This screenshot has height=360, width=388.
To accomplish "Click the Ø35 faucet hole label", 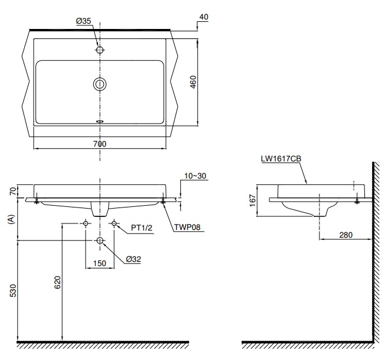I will pos(83,21).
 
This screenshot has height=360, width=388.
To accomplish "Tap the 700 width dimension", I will pos(99,144).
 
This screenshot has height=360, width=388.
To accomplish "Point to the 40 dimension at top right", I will pos(203,18).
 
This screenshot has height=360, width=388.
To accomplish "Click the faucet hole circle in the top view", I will pos(100,50).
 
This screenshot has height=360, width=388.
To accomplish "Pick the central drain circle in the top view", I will pos(100,84).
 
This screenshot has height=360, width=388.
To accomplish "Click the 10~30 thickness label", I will pos(195,176).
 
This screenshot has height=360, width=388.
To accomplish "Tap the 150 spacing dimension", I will pos(99,264).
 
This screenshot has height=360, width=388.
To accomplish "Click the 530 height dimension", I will pos(13,291).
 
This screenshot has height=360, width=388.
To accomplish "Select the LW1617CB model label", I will pos(281,158).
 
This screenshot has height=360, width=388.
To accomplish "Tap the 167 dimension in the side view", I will pos(253,201).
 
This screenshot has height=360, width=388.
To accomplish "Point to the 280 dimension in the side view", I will pos(345,235).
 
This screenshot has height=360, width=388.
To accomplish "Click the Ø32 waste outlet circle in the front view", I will pos(100,241).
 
